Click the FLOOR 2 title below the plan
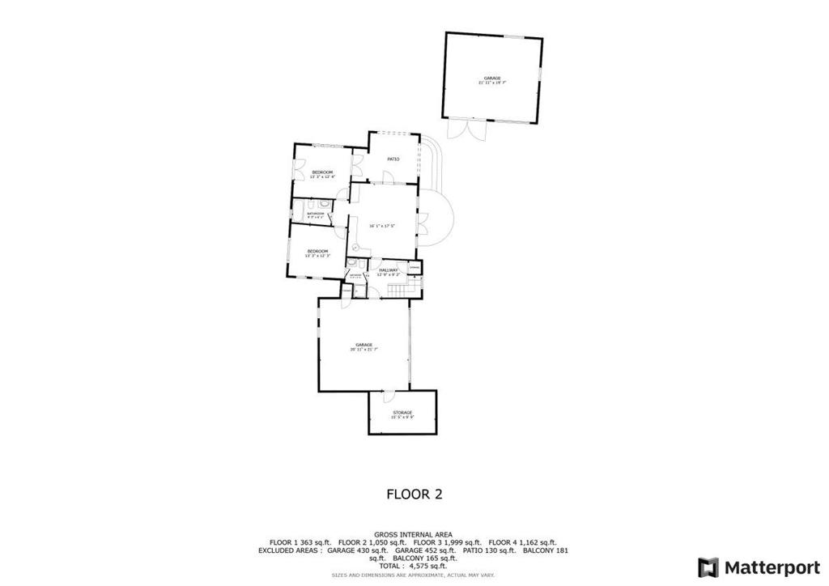coord(414,494)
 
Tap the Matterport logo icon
coord(708,567)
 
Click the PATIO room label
coord(393,159)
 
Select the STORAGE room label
coord(402,413)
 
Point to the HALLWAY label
coord(388,270)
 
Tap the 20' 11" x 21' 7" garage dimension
coord(363,350)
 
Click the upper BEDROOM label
coord(322,172)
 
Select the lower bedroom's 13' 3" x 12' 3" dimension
coord(317,256)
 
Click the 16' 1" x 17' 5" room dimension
coord(382,226)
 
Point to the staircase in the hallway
coord(397,289)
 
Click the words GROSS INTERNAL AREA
coord(414,535)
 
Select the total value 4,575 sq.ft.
coord(427,566)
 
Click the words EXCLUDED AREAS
coord(290,550)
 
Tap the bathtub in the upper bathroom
coord(307,212)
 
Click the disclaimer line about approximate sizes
coord(414,575)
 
